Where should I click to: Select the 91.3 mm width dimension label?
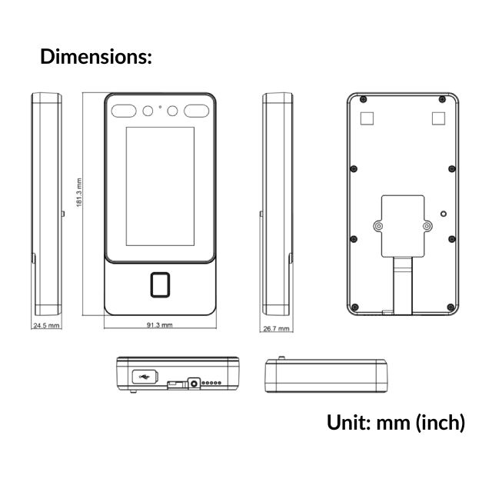(159, 325)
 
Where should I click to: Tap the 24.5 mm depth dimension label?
(45, 326)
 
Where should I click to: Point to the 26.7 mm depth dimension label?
(276, 328)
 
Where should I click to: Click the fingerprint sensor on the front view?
(159, 284)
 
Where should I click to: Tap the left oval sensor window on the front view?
(122, 111)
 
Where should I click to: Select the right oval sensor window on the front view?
(195, 111)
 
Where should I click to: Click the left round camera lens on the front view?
(146, 111)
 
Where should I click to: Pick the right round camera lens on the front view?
(172, 111)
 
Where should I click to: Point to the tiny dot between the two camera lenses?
(159, 106)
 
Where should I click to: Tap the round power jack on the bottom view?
(195, 381)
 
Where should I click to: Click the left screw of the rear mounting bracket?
(378, 227)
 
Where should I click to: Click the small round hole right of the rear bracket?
(443, 214)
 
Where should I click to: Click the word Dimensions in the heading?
(95, 56)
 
